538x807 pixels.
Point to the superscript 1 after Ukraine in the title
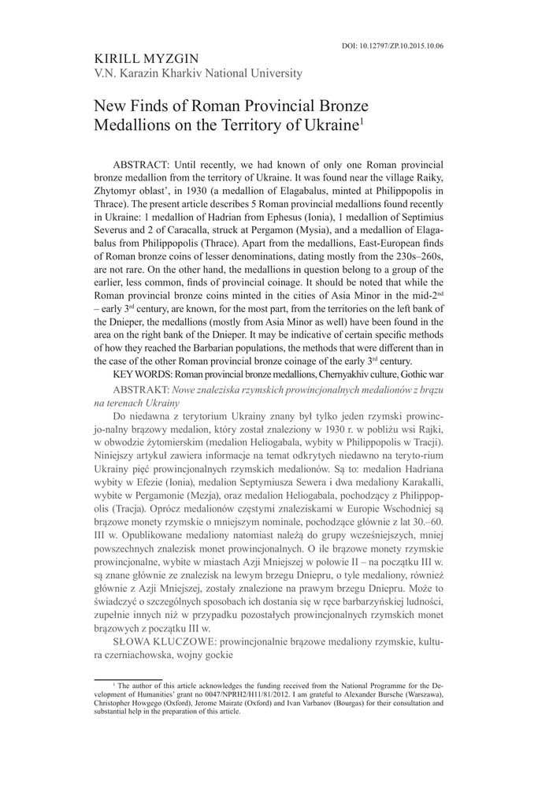coord(361,121)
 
